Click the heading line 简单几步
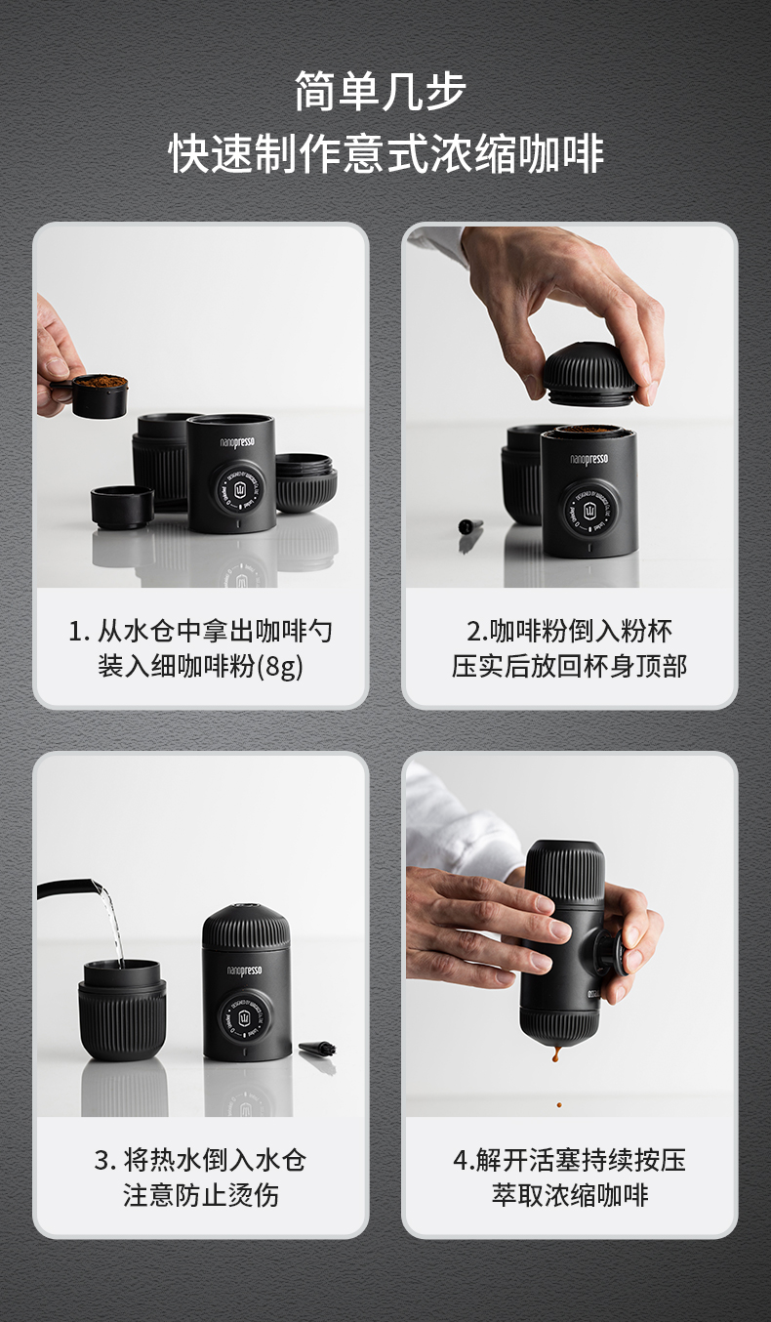[381, 92]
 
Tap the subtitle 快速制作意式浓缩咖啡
[385, 154]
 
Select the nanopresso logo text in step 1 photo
[237, 442]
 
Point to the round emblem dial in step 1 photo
[239, 488]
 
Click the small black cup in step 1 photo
[122, 507]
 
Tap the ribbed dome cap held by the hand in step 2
[589, 375]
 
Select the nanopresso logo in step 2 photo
[588, 459]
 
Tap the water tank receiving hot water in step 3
[123, 1010]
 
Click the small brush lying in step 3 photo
[317, 1049]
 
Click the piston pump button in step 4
[608, 950]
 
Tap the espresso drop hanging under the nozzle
[556, 1051]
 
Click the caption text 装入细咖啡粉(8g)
[201, 666]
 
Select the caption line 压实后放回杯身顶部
[569, 666]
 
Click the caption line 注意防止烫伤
[201, 1195]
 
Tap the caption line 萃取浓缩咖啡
[569, 1195]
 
